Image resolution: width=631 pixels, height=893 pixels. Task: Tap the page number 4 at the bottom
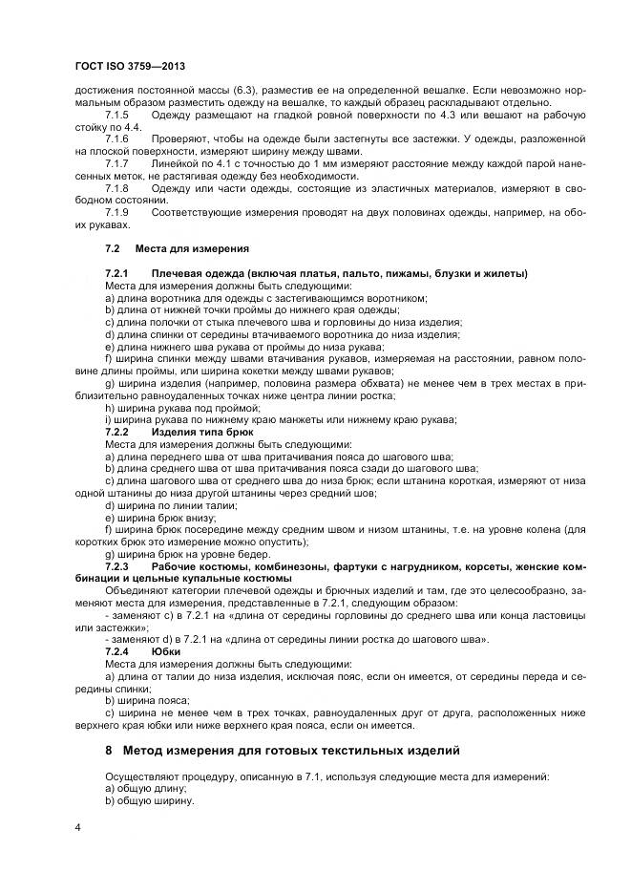coord(76,826)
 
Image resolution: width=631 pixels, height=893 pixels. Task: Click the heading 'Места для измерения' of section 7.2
coord(192,248)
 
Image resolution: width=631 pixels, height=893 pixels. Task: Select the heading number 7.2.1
coord(119,273)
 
